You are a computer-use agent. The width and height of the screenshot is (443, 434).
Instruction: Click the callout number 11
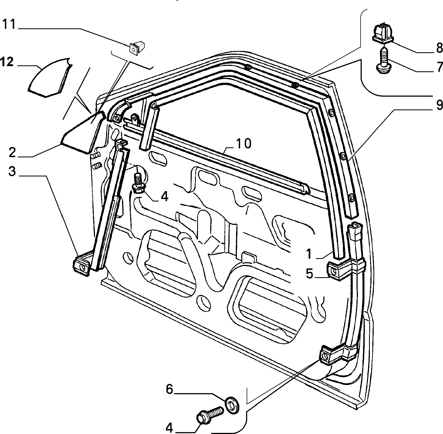[10, 25]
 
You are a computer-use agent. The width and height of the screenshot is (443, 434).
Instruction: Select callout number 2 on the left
[13, 153]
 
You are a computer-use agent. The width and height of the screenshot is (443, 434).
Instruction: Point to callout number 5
[309, 274]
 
